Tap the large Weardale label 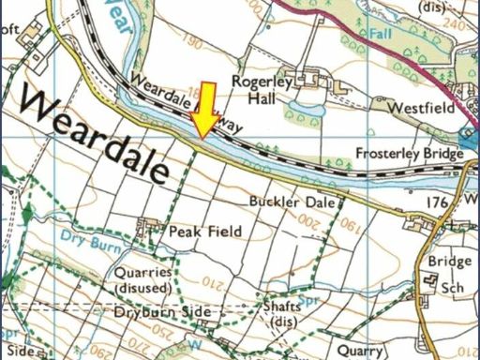point(92,134)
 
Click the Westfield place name point(423,108)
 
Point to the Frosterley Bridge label point(410,153)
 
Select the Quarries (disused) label point(142,279)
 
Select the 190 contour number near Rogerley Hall point(194,43)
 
